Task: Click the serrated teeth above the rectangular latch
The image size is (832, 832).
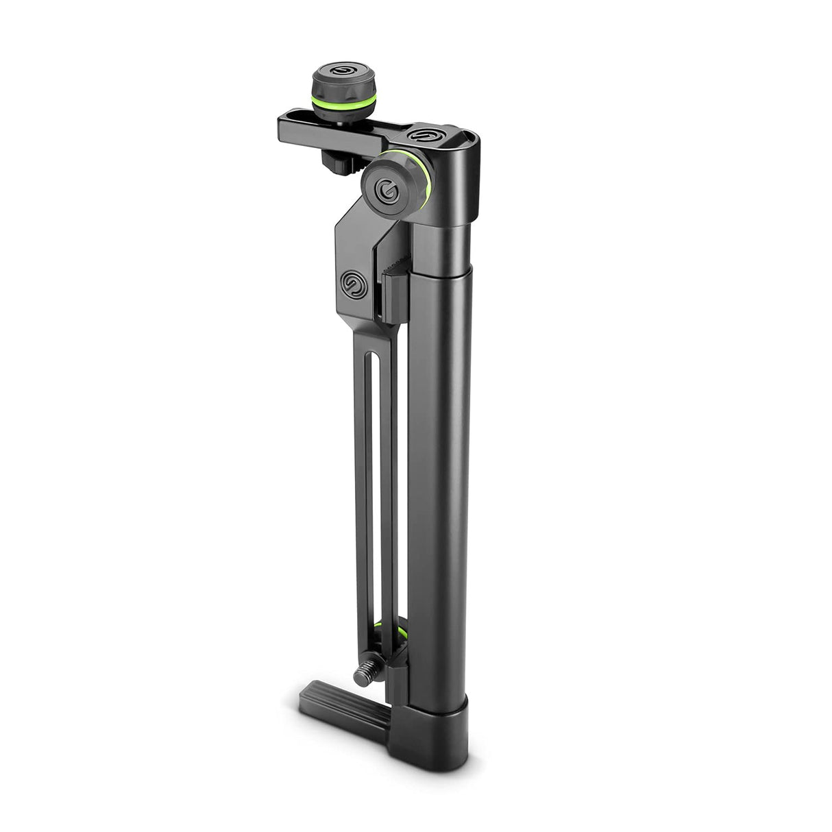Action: pyautogui.click(x=396, y=264)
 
